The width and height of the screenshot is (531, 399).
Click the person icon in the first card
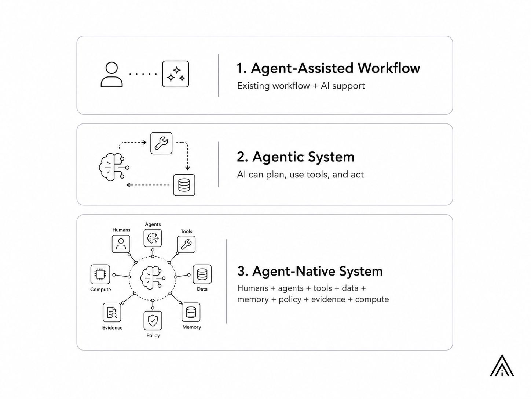111,74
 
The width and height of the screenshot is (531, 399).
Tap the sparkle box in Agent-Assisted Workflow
175,74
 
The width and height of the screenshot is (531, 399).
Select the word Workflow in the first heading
389,68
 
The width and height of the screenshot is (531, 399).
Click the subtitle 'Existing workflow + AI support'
301,86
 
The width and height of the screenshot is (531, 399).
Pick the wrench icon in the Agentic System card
161,143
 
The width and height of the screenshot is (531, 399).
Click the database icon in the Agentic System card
184,185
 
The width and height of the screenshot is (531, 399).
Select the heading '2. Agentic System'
296,157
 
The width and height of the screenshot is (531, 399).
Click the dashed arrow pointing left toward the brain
148,185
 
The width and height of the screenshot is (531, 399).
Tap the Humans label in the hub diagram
121,230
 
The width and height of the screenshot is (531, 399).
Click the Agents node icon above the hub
153,238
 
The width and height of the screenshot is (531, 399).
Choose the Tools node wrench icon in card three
186,244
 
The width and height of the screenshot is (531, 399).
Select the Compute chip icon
100,274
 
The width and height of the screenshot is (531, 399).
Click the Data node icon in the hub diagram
202,274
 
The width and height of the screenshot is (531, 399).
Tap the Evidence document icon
112,313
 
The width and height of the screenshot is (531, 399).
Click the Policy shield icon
153,320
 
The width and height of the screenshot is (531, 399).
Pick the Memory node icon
191,312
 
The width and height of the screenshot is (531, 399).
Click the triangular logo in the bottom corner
502,366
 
